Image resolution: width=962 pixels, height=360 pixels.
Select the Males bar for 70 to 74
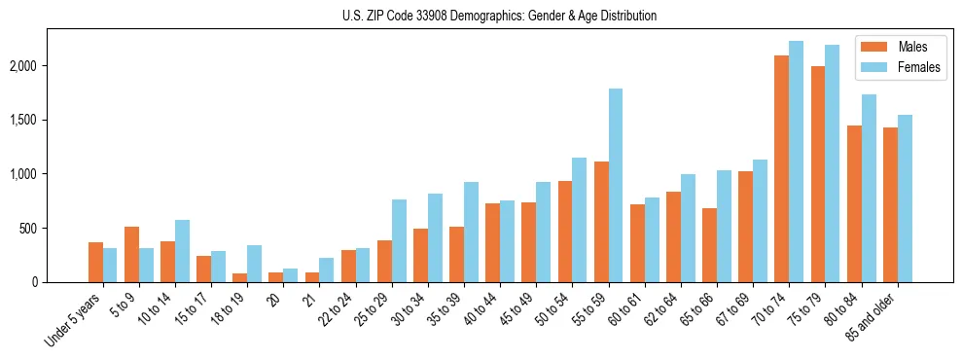pos(781,168)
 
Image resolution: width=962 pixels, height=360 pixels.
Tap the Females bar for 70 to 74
pos(796,162)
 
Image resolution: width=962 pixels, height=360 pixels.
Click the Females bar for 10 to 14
pos(182,251)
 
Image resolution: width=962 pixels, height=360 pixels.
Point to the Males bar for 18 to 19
pos(239,277)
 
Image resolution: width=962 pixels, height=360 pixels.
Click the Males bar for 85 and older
pos(889,204)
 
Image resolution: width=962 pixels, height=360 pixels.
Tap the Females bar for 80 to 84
pos(868,188)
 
